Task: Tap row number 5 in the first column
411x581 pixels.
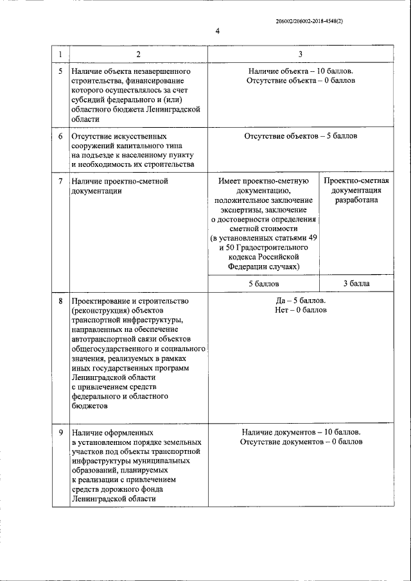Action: click(x=60, y=71)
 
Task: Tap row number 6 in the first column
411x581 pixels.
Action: click(x=60, y=137)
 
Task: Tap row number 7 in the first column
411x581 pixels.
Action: click(x=60, y=182)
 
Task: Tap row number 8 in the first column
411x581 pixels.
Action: click(x=60, y=300)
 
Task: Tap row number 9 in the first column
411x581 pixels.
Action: click(x=60, y=432)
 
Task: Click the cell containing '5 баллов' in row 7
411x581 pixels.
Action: click(x=264, y=282)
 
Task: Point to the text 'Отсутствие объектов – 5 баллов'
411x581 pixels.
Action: click(x=301, y=137)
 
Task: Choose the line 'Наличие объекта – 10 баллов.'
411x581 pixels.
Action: click(x=301, y=71)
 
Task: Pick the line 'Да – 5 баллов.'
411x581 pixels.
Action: click(x=301, y=300)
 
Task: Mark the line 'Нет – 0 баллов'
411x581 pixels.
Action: click(x=301, y=310)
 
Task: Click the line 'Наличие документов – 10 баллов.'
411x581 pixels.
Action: click(x=301, y=432)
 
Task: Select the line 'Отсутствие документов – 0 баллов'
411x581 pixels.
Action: click(x=301, y=442)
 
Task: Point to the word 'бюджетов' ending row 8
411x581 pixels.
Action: click(x=89, y=405)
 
